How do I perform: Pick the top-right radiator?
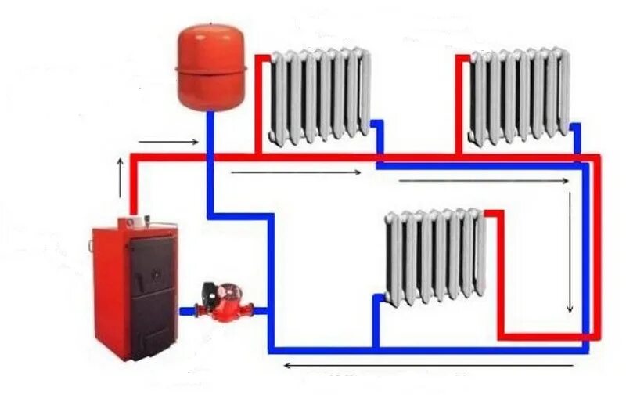pos(519,95)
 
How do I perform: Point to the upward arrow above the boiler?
pos(120,177)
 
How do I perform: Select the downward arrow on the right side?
pos(570,251)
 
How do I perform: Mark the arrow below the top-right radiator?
pos(485,181)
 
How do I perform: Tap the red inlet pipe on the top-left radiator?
pos(258,102)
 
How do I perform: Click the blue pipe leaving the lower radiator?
pos(376,321)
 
